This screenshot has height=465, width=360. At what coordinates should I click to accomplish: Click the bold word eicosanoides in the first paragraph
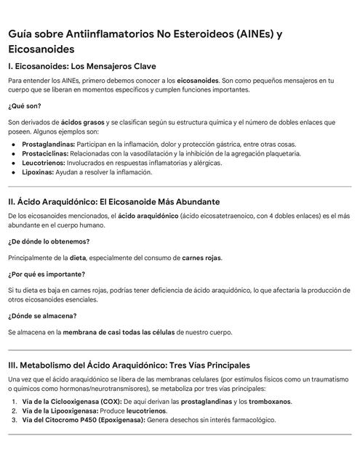(x=198, y=80)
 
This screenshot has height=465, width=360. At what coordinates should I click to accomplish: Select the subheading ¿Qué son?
(x=24, y=106)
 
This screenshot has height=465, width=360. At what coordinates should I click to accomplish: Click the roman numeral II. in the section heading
(x=13, y=201)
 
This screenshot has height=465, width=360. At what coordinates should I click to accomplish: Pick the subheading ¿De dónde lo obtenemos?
(x=49, y=241)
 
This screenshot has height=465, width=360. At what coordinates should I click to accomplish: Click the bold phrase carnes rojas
(x=201, y=257)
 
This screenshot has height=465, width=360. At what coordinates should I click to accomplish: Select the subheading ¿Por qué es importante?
(x=47, y=274)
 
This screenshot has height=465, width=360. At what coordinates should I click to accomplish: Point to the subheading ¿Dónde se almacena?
(x=42, y=315)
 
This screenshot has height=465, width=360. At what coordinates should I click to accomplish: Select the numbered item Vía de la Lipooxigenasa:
(x=60, y=411)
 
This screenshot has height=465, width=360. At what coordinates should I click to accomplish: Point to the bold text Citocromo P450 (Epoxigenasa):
(x=99, y=420)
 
